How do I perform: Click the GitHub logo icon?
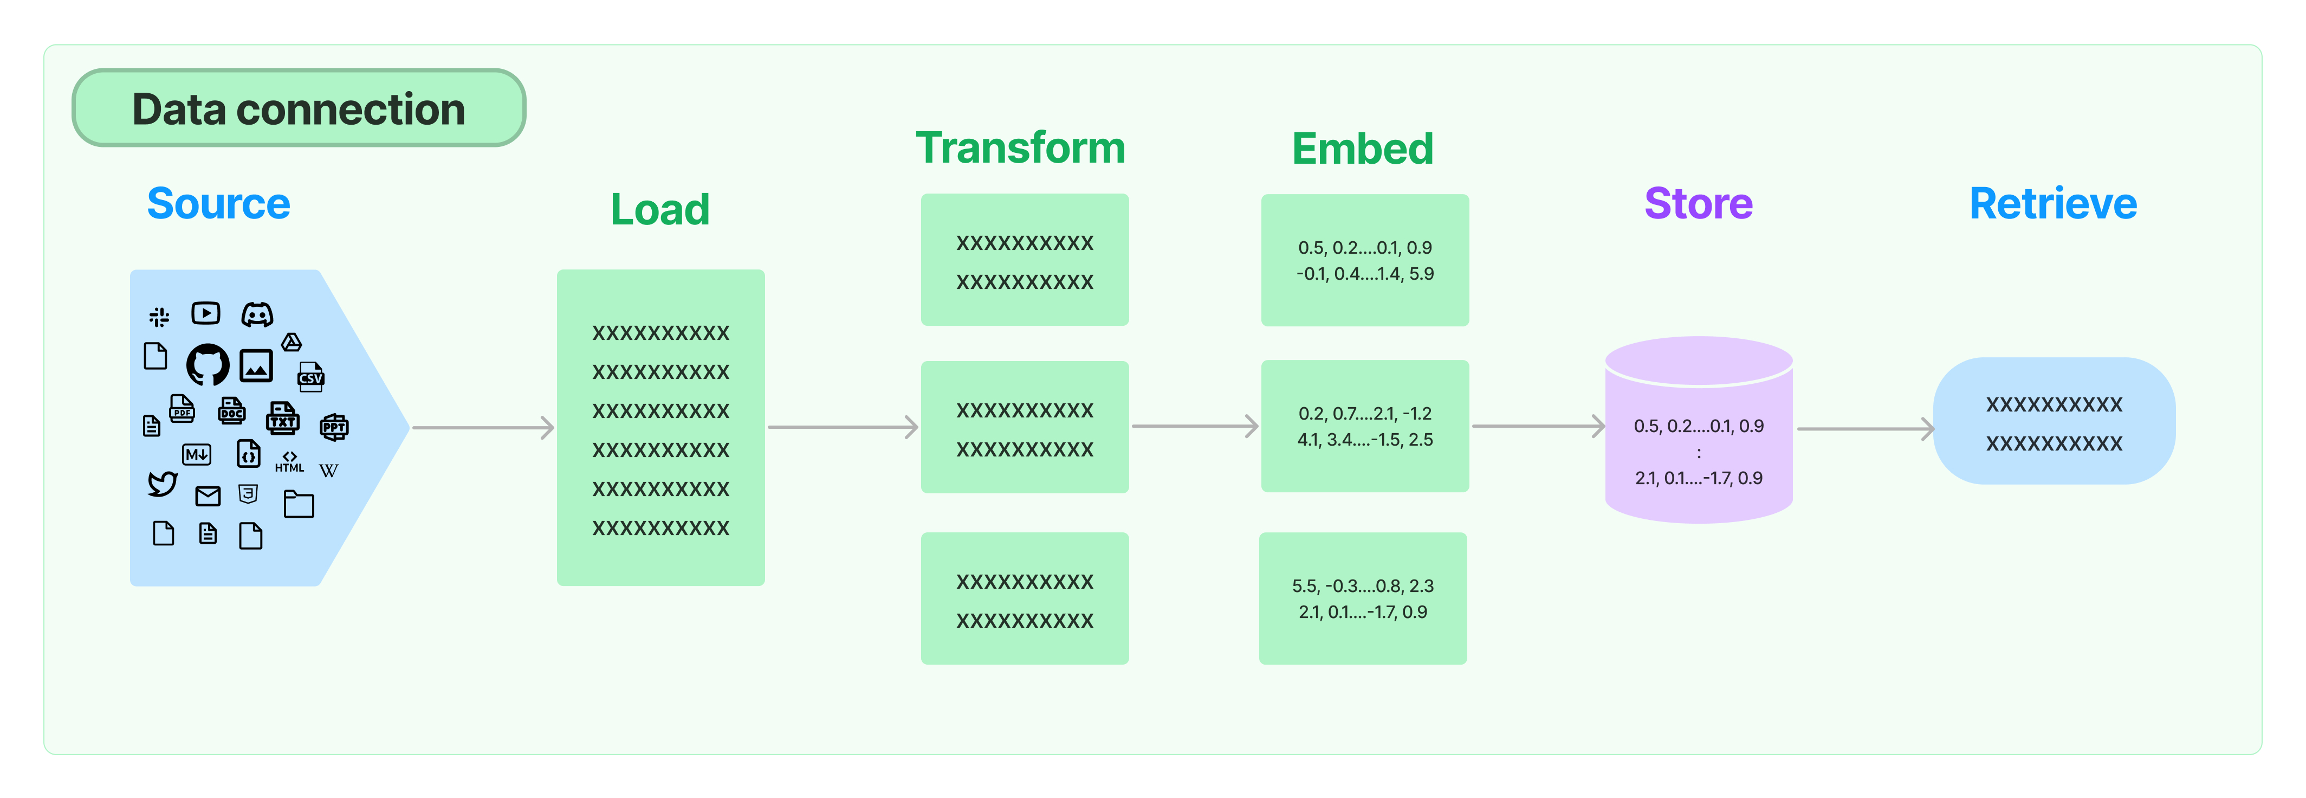point(208,364)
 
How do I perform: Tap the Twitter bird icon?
point(162,484)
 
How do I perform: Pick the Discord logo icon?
point(257,314)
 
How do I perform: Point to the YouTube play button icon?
point(206,313)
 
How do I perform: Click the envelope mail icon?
point(208,495)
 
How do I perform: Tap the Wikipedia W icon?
point(328,470)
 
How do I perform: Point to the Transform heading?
point(1020,148)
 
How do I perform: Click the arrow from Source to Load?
point(483,428)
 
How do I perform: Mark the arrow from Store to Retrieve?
point(1864,429)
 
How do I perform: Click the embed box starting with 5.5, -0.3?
point(1363,598)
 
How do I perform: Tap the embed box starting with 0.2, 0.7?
point(1364,426)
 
